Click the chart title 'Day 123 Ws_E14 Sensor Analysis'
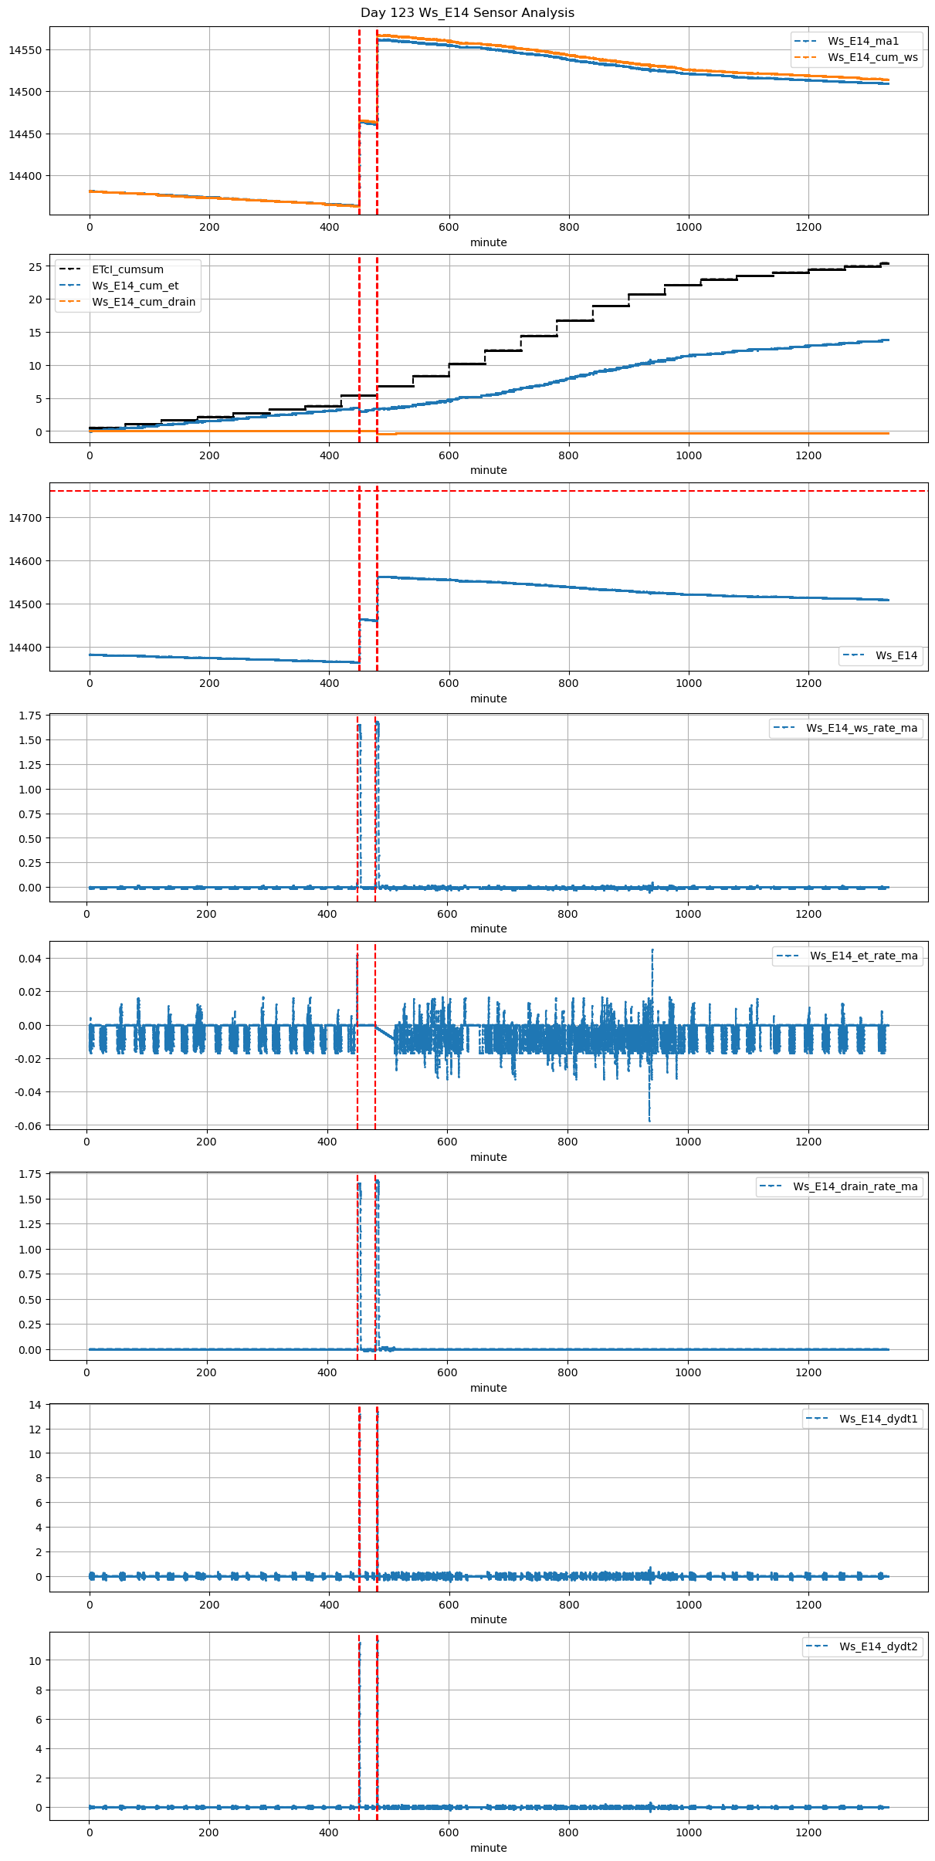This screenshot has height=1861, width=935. pos(467,13)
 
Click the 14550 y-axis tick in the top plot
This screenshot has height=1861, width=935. pos(25,50)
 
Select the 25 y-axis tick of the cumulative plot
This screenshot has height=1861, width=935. pos(35,267)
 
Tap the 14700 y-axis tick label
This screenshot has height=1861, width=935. pos(25,518)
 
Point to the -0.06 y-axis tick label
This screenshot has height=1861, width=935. pos(27,1125)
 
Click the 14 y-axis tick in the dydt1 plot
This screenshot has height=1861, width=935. pos(35,1405)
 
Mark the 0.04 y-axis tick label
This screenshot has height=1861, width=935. pos(29,959)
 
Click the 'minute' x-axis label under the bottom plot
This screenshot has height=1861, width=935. pos(488,1848)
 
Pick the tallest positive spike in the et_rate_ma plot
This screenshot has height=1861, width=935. pos(652,951)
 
